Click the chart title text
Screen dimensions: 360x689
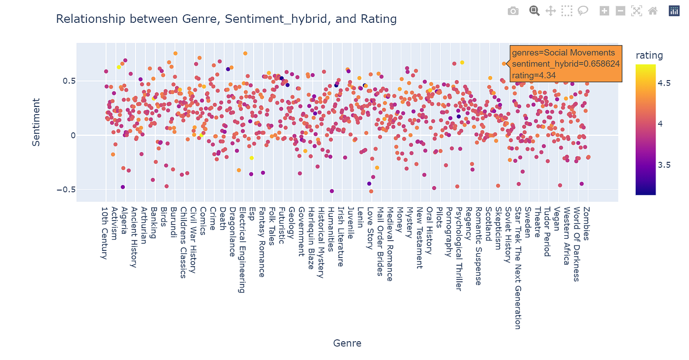[x=226, y=19]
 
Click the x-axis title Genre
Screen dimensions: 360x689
[x=347, y=343]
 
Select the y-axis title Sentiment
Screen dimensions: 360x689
[x=36, y=122]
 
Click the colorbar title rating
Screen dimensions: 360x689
[x=649, y=56]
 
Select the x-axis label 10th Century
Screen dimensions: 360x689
[x=105, y=233]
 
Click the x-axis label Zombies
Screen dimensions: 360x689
[x=587, y=224]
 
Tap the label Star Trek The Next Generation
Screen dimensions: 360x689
[x=518, y=268]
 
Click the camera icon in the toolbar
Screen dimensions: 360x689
[x=513, y=11]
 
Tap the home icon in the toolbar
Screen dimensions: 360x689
[x=653, y=11]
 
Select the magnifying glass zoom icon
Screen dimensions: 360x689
[x=534, y=11]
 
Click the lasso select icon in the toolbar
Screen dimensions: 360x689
[x=583, y=11]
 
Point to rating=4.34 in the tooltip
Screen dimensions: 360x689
[x=533, y=75]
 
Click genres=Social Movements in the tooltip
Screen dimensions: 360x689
[x=563, y=53]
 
